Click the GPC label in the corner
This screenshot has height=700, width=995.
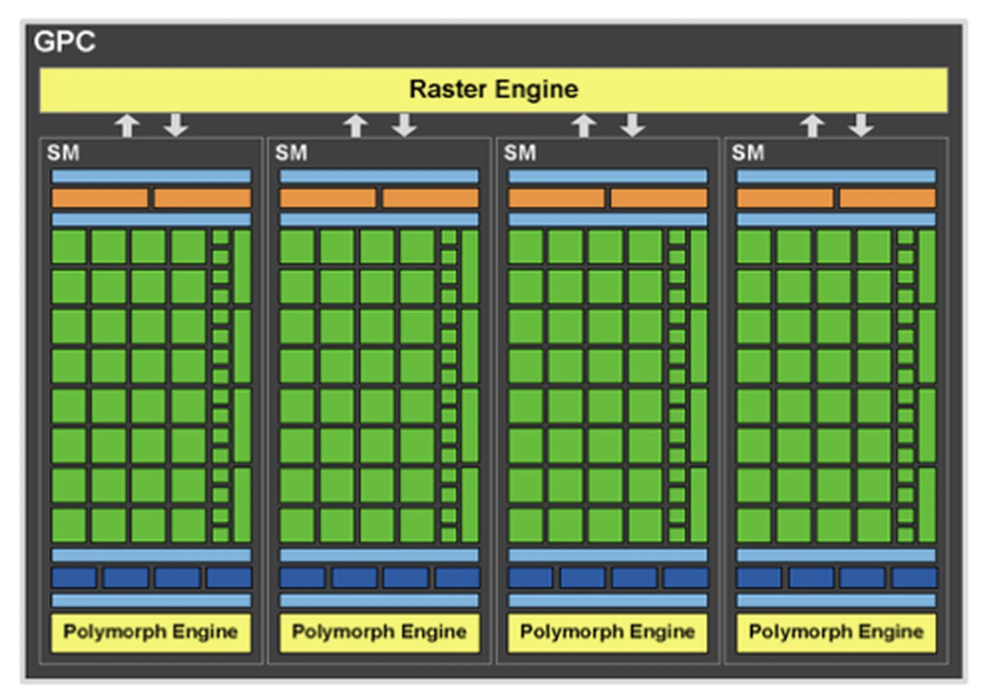point(64,41)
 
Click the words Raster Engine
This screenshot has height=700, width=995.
point(493,89)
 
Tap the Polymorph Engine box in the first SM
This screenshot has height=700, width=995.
point(151,632)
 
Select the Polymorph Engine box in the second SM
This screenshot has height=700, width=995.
point(379,632)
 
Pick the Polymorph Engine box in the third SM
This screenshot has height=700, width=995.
point(607,632)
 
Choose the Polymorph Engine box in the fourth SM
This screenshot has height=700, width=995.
point(836,632)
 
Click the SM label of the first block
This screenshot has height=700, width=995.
point(63,153)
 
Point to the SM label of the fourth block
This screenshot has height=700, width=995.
point(748,153)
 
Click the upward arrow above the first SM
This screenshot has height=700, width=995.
point(127,125)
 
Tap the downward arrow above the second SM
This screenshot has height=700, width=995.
point(404,125)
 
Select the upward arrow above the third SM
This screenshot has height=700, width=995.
point(584,125)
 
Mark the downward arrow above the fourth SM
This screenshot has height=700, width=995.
point(861,125)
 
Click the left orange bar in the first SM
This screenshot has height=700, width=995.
point(99,198)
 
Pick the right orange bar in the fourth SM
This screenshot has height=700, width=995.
point(887,198)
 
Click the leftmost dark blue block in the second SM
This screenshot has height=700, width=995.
point(302,578)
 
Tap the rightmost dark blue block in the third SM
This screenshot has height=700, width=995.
point(686,578)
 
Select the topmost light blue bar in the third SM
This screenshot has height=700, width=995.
point(607,176)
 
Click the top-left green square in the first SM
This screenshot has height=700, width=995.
point(69,247)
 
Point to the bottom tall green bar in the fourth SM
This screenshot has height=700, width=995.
point(927,505)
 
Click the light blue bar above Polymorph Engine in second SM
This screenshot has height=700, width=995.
point(379,600)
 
